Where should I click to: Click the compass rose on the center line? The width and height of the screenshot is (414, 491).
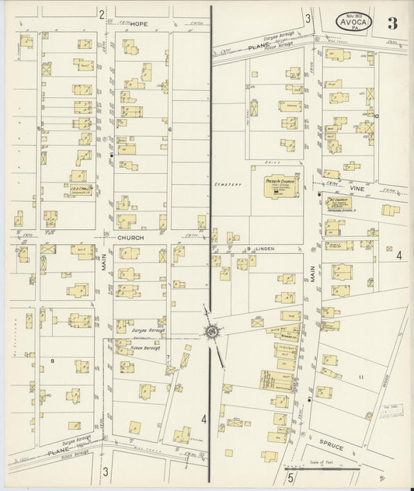tap(210, 333)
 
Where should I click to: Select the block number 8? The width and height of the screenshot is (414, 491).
tap(52, 360)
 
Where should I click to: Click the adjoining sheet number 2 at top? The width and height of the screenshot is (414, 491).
tap(102, 14)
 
